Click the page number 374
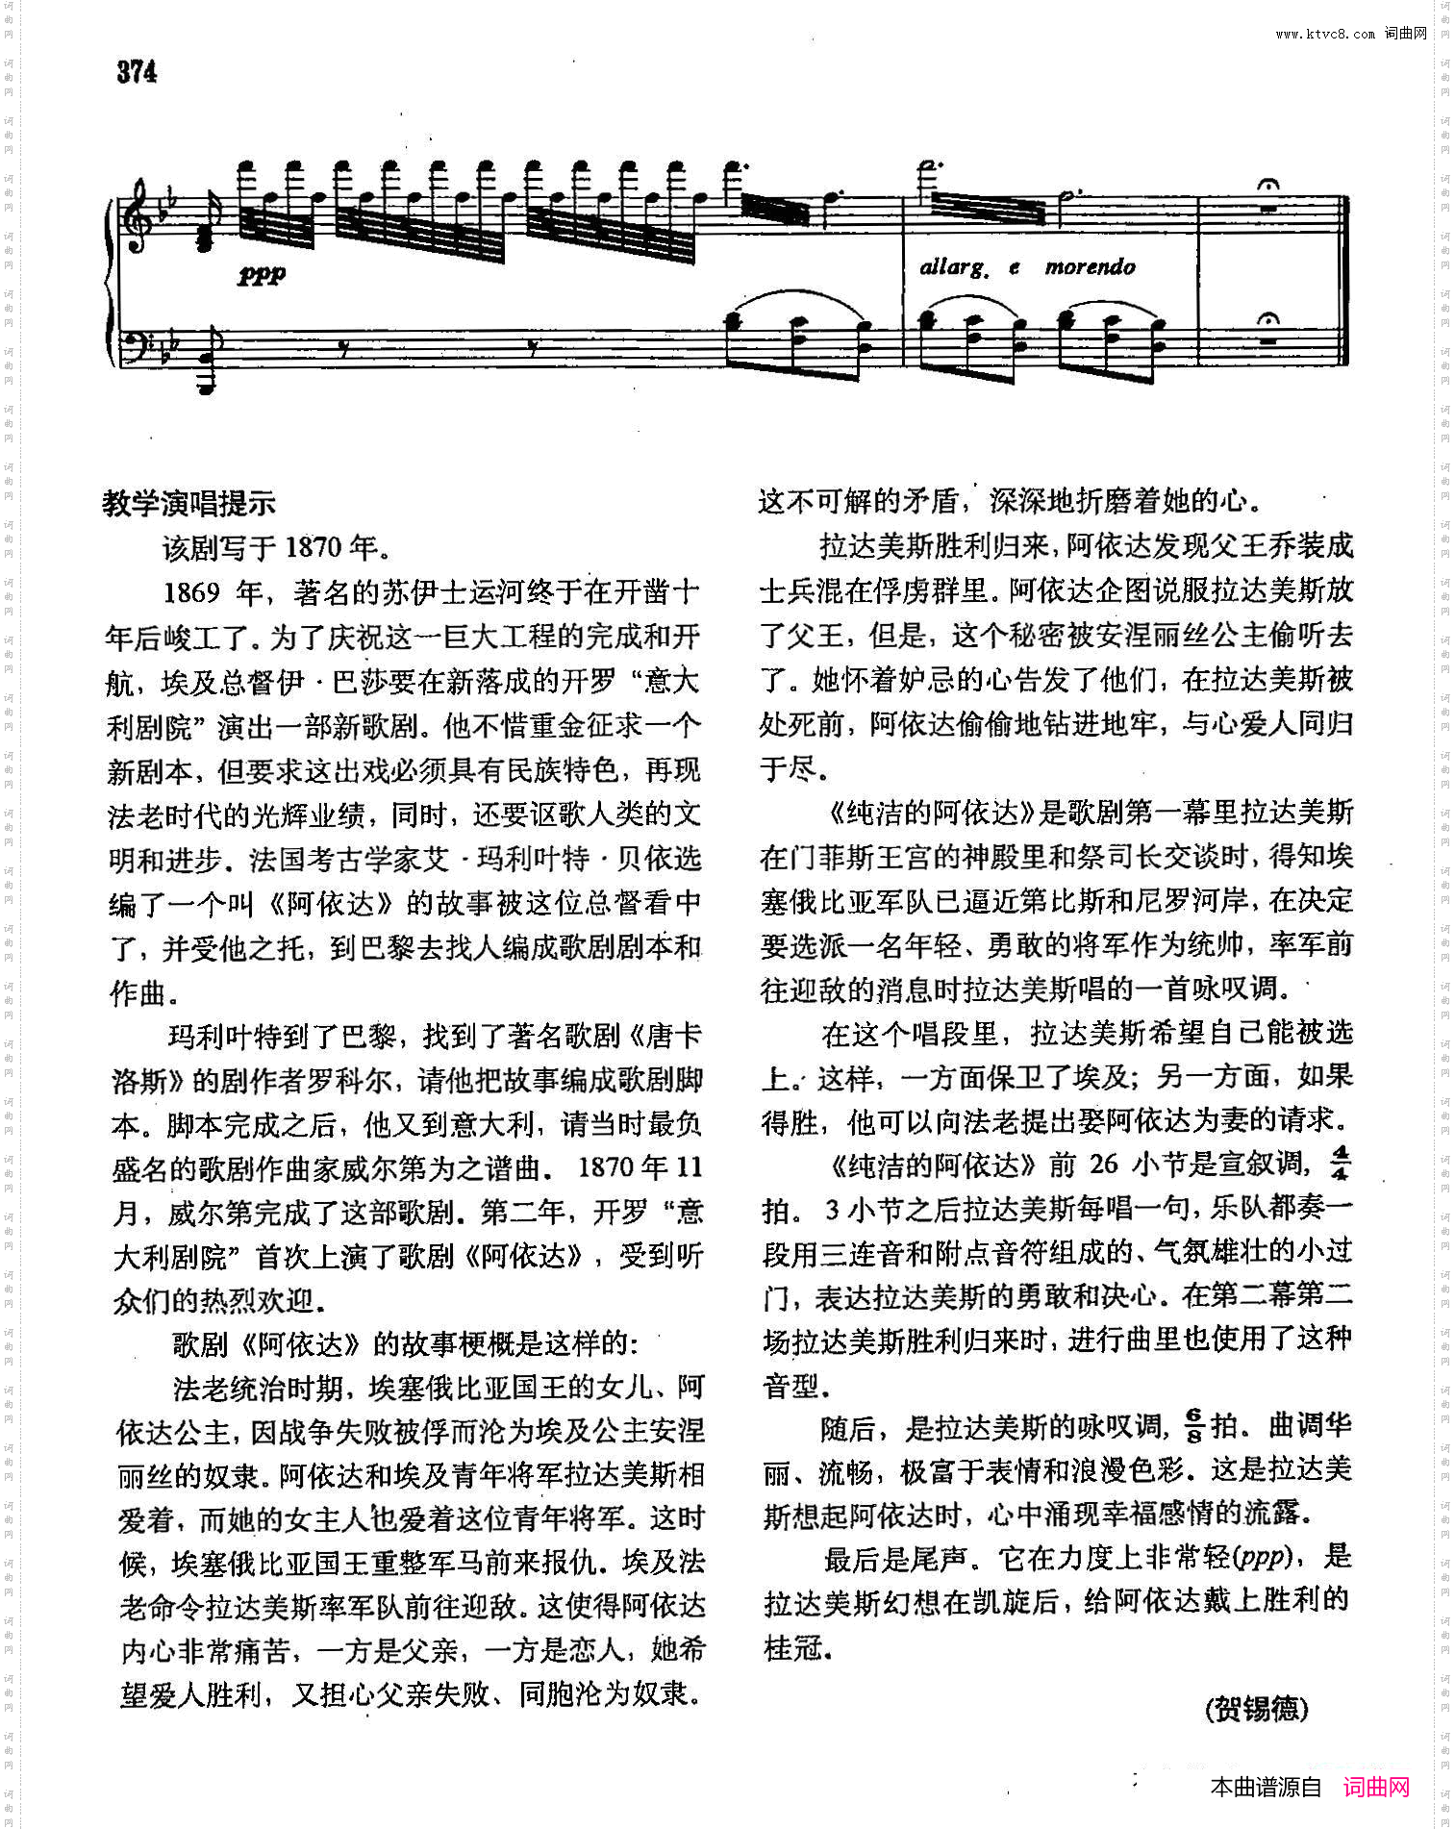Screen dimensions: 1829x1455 click(x=137, y=71)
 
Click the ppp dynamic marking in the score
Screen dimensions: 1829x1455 click(x=262, y=274)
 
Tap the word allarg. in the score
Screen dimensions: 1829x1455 click(x=953, y=267)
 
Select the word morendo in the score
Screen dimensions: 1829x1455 click(x=1090, y=266)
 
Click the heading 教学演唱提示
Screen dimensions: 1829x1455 click(x=188, y=503)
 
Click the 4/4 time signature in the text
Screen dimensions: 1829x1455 click(x=1341, y=1163)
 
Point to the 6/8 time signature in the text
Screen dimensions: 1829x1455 click(x=1193, y=1426)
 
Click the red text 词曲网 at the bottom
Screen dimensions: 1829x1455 click(x=1376, y=1787)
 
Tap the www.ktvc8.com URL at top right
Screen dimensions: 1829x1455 click(x=1325, y=35)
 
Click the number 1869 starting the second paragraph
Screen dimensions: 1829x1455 click(x=191, y=591)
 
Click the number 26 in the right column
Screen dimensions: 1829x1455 click(x=1104, y=1164)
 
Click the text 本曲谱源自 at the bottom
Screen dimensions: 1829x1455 click(x=1266, y=1787)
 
